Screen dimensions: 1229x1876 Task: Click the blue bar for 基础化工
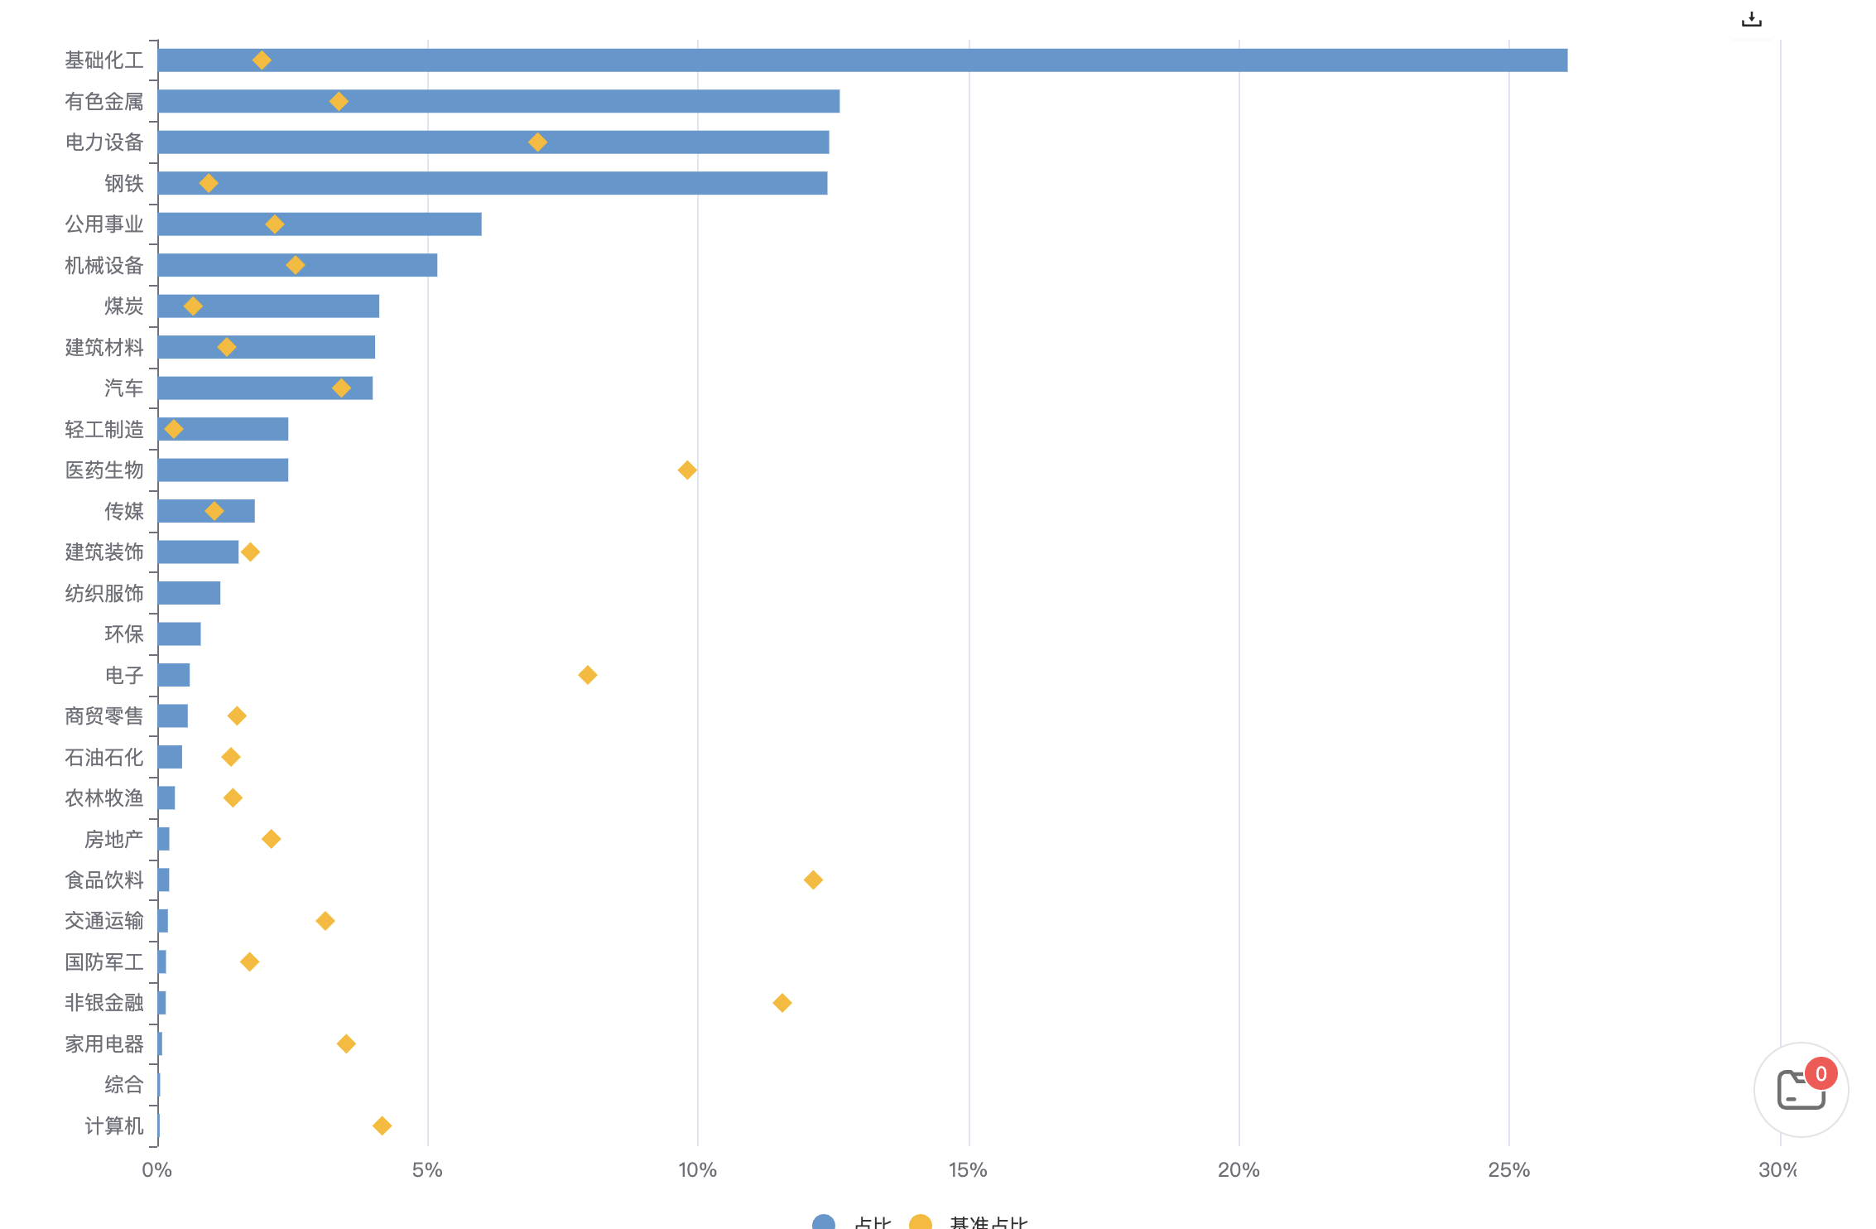[x=861, y=60]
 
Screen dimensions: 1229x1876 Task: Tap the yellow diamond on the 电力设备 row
[x=537, y=142]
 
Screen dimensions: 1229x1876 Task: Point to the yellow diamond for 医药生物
[x=687, y=470]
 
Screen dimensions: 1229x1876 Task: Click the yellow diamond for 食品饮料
[x=813, y=880]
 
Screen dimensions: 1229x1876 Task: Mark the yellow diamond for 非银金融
[x=782, y=1003]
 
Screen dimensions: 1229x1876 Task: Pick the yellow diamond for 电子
[x=588, y=675]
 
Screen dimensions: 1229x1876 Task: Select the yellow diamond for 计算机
[x=382, y=1125]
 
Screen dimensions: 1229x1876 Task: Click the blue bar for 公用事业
[x=320, y=224]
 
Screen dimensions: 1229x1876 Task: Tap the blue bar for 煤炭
[x=268, y=306]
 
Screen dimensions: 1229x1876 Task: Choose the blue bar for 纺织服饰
[x=189, y=593]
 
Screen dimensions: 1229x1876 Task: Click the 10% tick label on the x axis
[x=697, y=1170]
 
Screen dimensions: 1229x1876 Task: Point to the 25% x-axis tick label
[x=1508, y=1170]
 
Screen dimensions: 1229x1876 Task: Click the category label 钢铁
[x=124, y=183]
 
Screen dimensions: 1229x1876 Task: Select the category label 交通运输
[x=104, y=921]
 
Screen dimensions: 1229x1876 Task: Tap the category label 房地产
[x=114, y=839]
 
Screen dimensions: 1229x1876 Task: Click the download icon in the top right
[x=1752, y=19]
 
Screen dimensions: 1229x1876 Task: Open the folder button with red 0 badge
[x=1801, y=1090]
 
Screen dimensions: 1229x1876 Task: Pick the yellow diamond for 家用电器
[x=346, y=1043]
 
